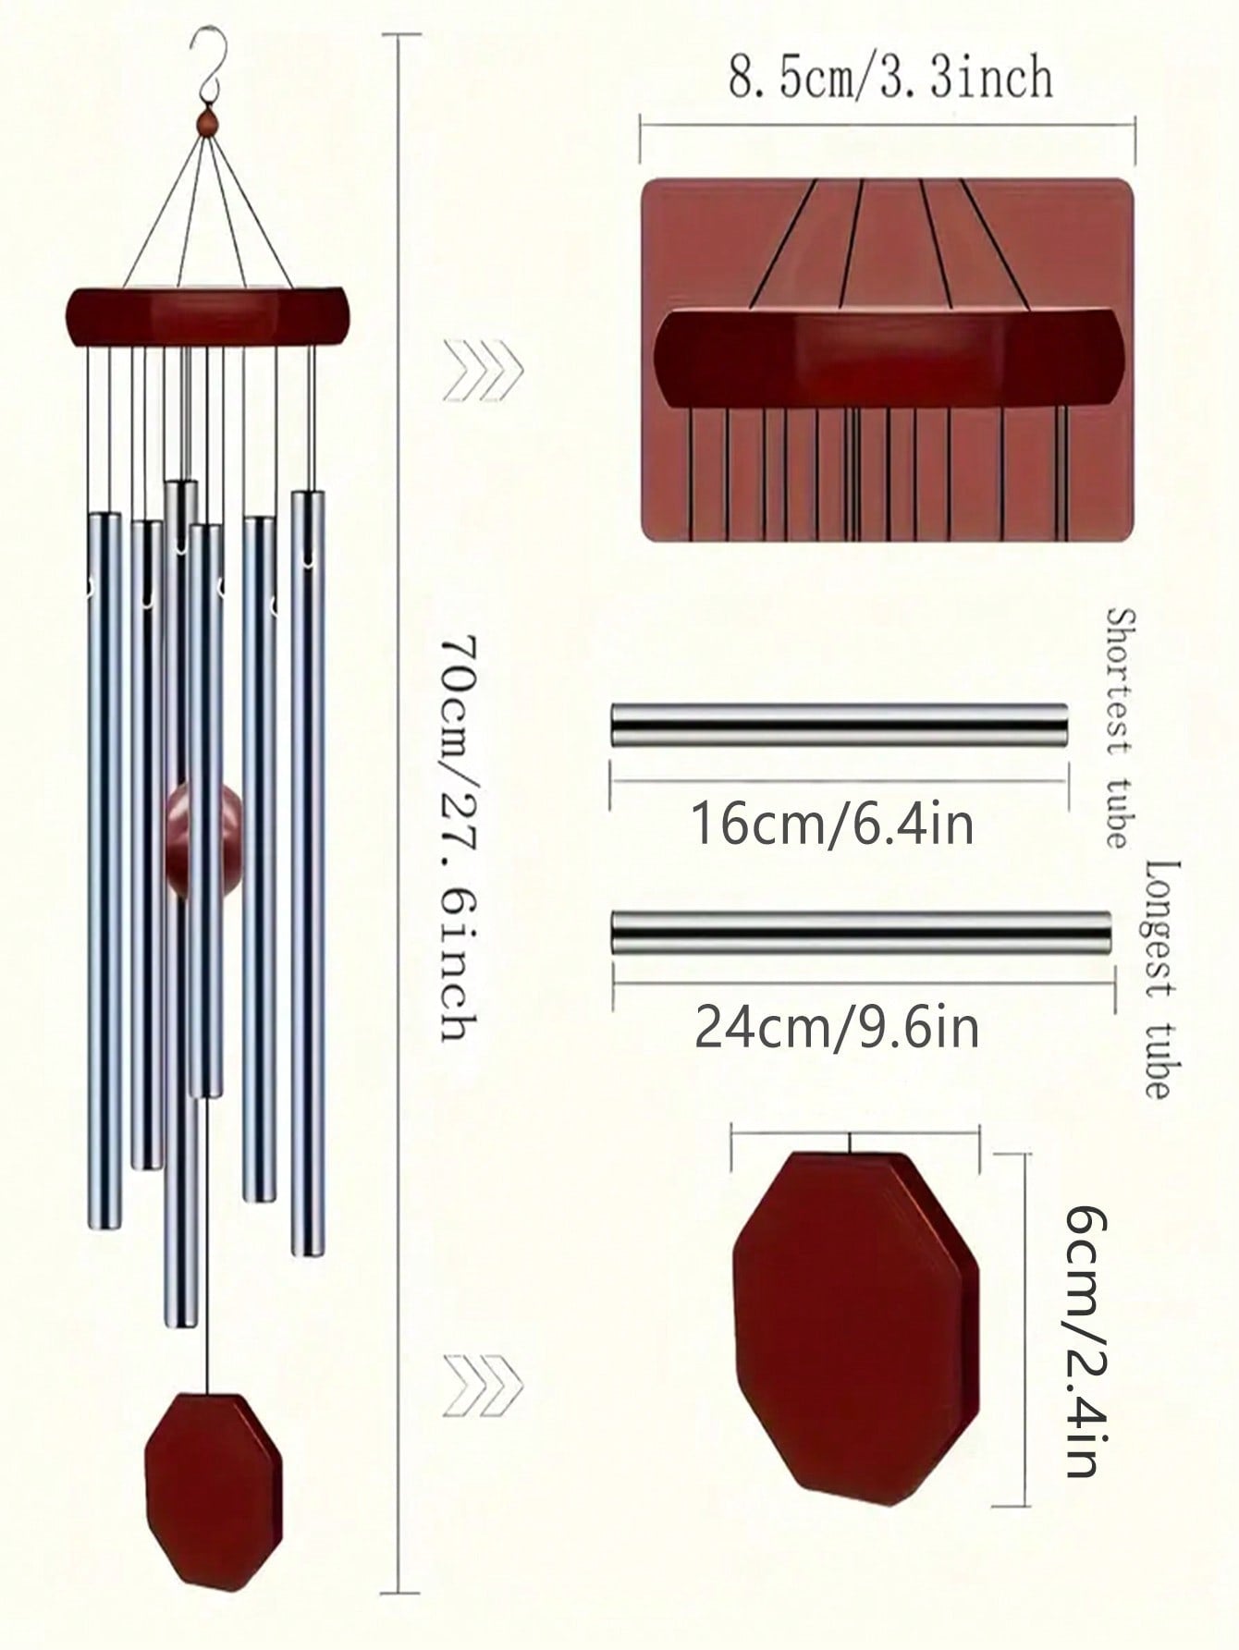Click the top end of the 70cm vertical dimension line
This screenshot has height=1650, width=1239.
point(401,34)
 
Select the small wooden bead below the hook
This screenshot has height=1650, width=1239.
point(208,122)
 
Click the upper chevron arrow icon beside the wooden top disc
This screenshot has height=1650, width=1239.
point(483,371)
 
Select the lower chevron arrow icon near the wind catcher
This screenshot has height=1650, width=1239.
point(483,1385)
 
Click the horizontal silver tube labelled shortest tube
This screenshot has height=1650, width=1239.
point(839,725)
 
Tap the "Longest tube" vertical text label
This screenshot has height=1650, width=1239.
point(1163,979)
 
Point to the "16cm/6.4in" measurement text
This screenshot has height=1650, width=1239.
point(832,824)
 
